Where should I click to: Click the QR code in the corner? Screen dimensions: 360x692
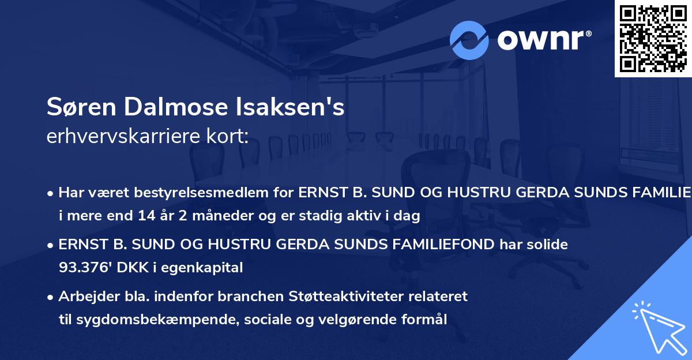pos(653,39)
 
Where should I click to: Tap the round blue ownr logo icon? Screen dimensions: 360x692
pos(469,40)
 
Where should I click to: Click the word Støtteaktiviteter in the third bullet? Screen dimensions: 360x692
pos(359,297)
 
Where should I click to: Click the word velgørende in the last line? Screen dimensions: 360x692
pos(368,319)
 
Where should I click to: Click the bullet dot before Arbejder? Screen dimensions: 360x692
pos(51,297)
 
